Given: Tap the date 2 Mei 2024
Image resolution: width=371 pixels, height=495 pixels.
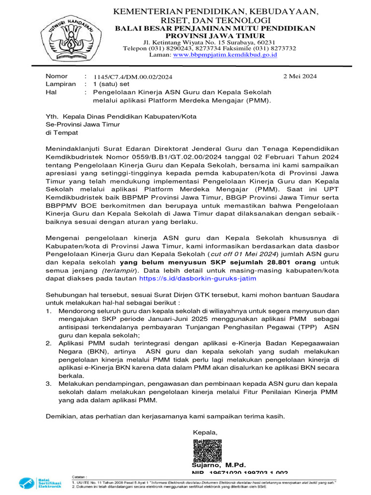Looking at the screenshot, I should coord(300,76).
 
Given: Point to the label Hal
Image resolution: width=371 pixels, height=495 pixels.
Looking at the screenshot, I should coord(51,91).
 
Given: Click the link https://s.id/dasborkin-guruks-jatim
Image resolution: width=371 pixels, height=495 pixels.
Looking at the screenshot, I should coord(198,278).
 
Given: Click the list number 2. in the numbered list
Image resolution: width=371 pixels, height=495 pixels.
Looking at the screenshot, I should coord(49,343).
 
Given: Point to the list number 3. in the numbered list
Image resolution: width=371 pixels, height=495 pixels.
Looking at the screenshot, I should coord(49,383).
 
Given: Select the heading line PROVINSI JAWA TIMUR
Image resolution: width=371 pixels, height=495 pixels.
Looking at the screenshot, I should coord(215,36).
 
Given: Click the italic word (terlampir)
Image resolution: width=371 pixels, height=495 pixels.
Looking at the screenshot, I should coord(119,270).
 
